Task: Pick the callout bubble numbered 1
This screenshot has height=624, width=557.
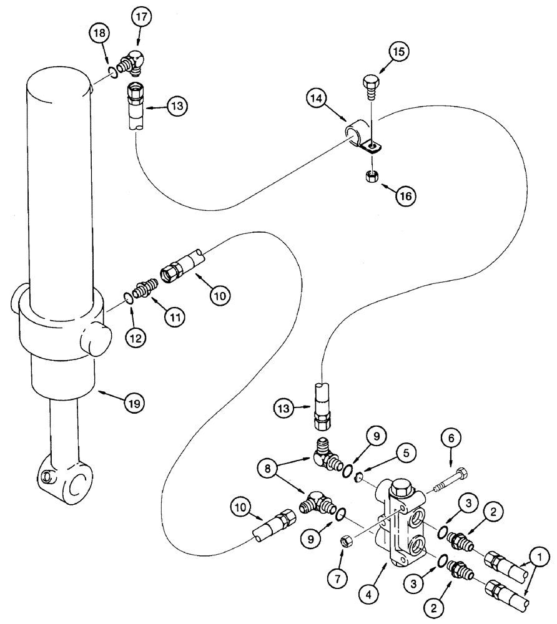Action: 540,554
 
